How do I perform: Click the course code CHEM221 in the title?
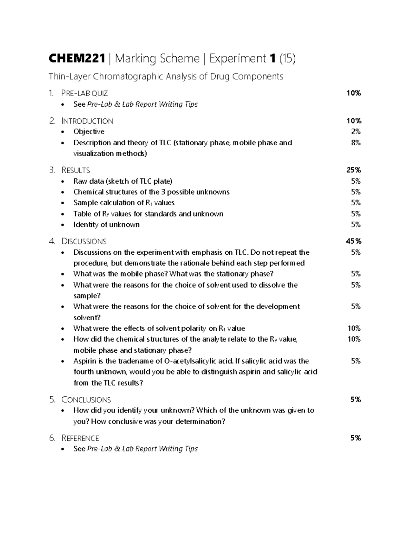coord(77,59)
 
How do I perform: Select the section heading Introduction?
coord(87,121)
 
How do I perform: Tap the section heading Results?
coord(76,170)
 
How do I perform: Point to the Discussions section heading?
coord(84,241)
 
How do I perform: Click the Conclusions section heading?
coord(86,400)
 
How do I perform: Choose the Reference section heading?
coord(80,438)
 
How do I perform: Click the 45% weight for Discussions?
coord(354,241)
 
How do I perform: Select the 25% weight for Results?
coord(354,170)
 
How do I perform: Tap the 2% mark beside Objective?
coord(356,131)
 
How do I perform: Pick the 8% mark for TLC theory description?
coord(356,143)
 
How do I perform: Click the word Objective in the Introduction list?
coord(89,131)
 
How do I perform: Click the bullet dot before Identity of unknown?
coord(62,225)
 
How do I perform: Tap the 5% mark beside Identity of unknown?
coord(356,225)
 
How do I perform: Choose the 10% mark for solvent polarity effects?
coord(354,328)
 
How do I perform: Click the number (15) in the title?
coord(287,59)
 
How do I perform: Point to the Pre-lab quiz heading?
coord(84,93)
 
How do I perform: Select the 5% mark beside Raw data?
coord(356,181)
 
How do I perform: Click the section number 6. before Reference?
coord(52,438)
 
